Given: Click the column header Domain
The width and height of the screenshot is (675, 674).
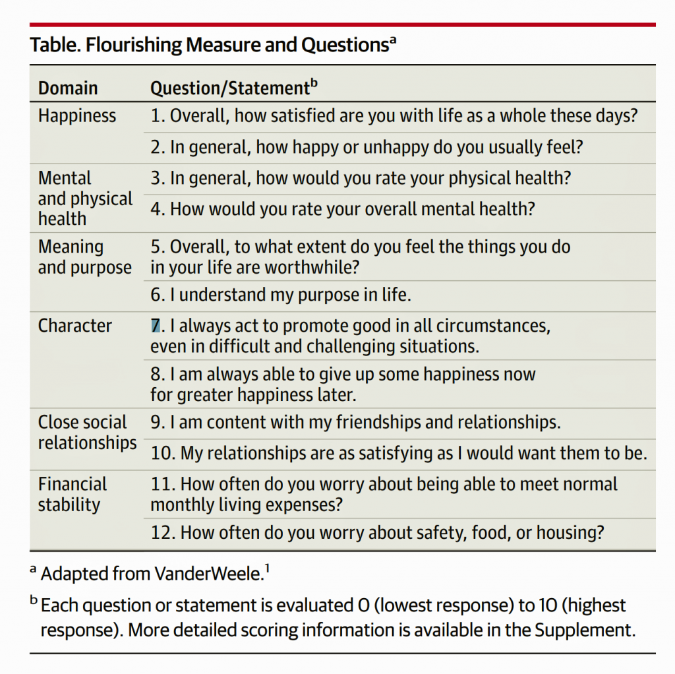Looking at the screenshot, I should (68, 88).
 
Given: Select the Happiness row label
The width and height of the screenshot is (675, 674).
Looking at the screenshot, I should (77, 116).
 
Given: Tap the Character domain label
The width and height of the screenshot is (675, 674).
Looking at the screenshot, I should (75, 326).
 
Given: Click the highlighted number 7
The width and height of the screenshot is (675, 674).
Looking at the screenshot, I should (156, 326).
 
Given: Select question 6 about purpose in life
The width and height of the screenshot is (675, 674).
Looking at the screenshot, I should (281, 295).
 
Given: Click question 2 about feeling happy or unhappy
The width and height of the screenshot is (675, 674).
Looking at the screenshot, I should (367, 147).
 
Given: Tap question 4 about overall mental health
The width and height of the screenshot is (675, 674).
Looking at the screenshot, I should (343, 209).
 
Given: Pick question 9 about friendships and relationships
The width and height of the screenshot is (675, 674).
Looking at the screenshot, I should (355, 422).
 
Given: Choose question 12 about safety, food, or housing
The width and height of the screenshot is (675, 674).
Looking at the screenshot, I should (377, 532).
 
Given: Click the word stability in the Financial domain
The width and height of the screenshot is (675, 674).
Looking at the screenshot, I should (69, 505).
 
